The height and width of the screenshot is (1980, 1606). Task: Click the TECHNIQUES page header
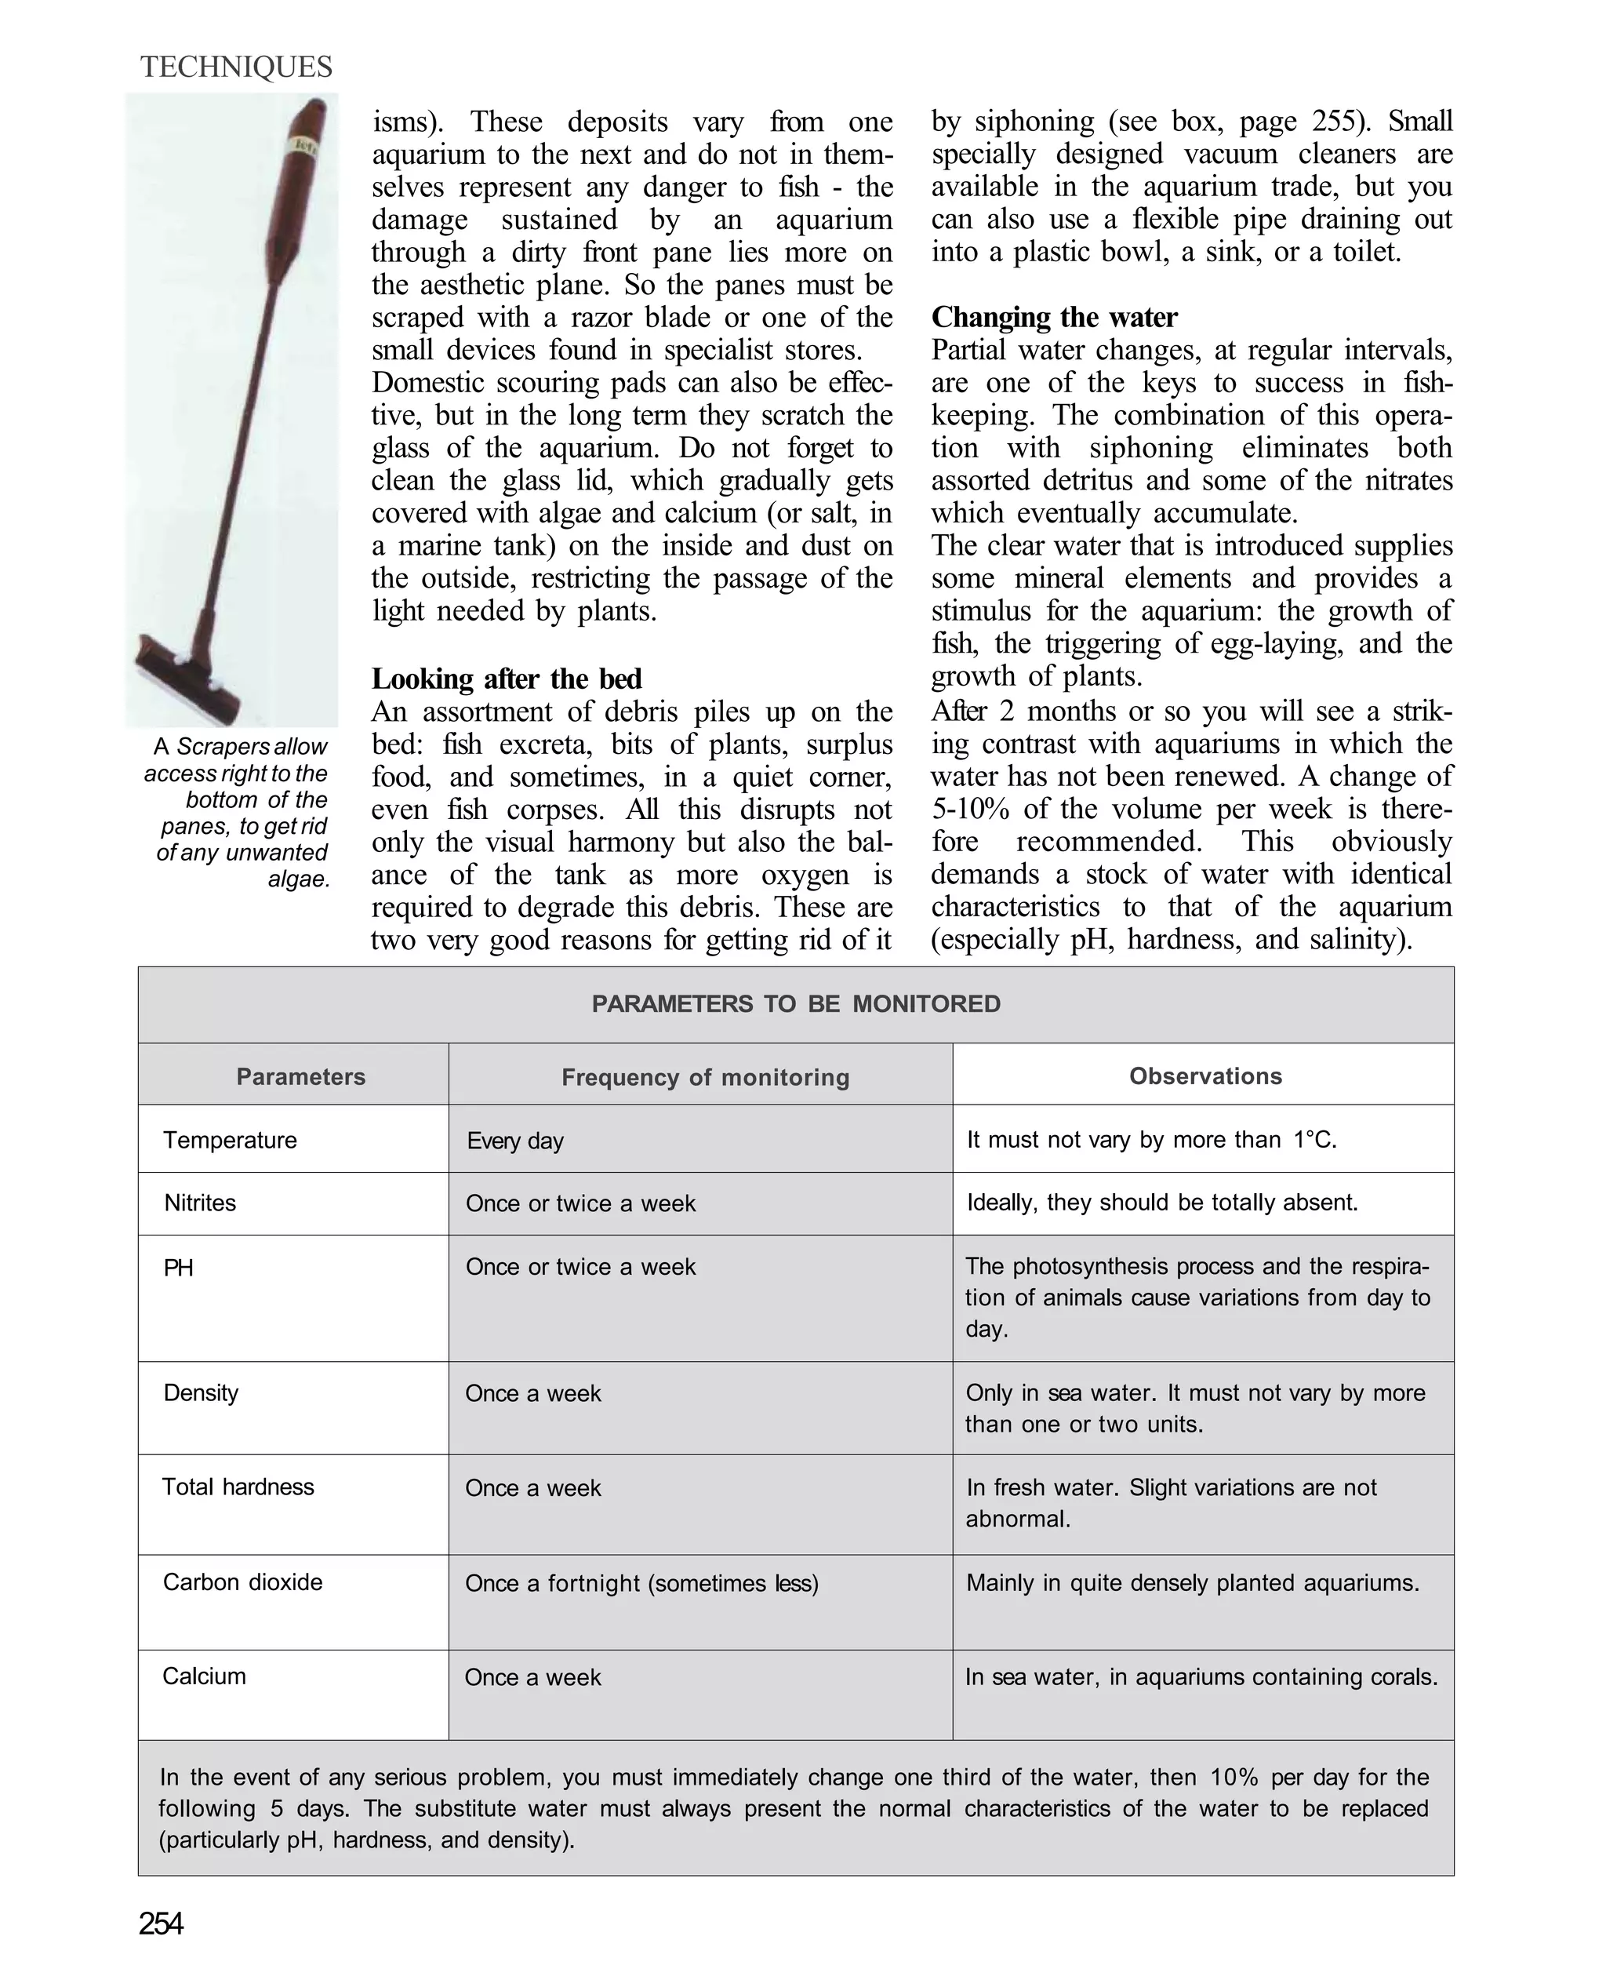pos(236,67)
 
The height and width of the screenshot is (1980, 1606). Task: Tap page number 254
pos(161,1924)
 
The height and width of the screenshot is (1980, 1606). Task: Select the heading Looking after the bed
pos(506,679)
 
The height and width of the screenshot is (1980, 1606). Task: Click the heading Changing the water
pos(1054,318)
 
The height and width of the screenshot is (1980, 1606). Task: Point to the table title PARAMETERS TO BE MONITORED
pos(796,1004)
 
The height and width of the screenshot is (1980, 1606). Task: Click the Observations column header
pos(1204,1076)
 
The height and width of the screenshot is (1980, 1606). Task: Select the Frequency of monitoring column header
pos(705,1077)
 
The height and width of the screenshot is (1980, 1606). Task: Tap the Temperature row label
pos(230,1140)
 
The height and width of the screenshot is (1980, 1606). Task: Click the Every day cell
pos(514,1141)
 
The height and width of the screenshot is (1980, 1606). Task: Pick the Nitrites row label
pos(200,1203)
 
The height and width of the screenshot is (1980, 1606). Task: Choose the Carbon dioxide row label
pos(242,1582)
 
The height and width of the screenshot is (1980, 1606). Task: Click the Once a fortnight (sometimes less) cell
pos(641,1583)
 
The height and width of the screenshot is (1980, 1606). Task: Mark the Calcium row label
pos(204,1676)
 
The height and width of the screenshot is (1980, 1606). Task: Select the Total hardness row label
pos(238,1487)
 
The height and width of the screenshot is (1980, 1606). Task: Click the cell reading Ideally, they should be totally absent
pos(1162,1203)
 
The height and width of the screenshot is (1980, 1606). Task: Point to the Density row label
pos(201,1392)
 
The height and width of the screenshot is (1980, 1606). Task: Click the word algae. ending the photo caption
pos(299,879)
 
